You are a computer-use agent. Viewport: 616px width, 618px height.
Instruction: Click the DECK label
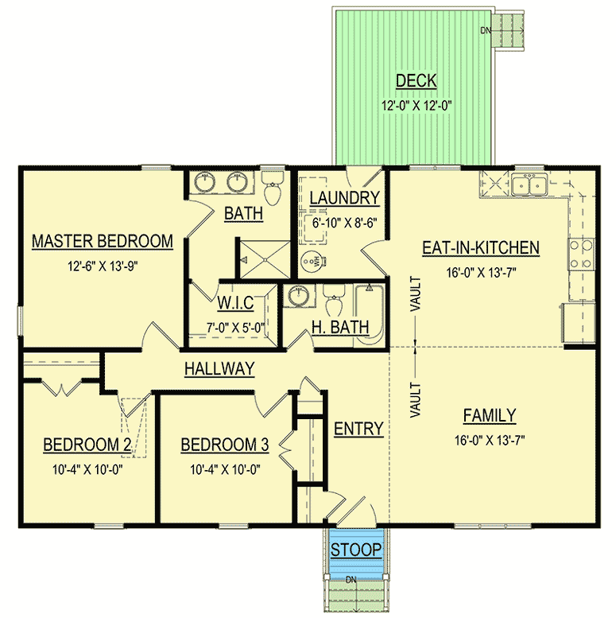[x=416, y=81]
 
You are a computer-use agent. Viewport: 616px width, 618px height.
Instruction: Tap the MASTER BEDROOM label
[x=103, y=241]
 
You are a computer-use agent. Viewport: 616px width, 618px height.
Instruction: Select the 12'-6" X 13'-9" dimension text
[x=103, y=266]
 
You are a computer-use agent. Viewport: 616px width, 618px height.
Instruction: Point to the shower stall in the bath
[x=265, y=260]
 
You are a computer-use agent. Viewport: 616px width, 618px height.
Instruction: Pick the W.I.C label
[x=235, y=303]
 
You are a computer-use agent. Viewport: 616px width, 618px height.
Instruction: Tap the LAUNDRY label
[x=345, y=198]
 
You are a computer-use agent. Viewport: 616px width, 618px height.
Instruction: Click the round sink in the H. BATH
[x=299, y=296]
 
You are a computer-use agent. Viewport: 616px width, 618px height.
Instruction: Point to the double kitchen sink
[x=529, y=185]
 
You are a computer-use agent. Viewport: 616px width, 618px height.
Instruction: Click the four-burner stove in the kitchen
[x=581, y=255]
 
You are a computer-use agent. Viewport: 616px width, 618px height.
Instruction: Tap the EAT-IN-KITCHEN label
[x=481, y=248]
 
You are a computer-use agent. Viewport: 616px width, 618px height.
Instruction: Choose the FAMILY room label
[x=489, y=415]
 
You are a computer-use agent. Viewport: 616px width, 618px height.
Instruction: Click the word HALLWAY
[x=219, y=369]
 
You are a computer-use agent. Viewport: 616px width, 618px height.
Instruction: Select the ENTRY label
[x=358, y=429]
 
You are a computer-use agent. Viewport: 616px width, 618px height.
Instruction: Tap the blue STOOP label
[x=356, y=550]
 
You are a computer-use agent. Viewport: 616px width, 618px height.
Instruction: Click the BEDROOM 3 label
[x=225, y=445]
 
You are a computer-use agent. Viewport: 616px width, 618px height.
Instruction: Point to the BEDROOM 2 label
[x=87, y=445]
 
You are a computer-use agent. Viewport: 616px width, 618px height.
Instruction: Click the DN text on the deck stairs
[x=485, y=30]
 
